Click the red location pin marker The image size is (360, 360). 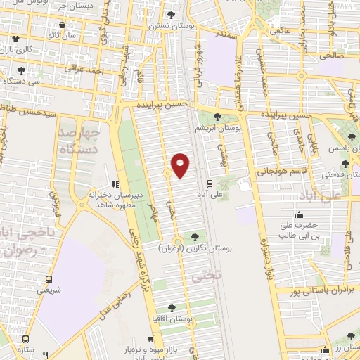(181, 165)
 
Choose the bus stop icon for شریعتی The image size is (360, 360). (49, 278)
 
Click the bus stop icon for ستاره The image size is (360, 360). (26, 338)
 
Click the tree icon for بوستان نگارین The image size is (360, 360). (194, 237)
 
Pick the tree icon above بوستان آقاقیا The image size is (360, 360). (171, 307)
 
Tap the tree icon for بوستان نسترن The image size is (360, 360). (172, 15)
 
